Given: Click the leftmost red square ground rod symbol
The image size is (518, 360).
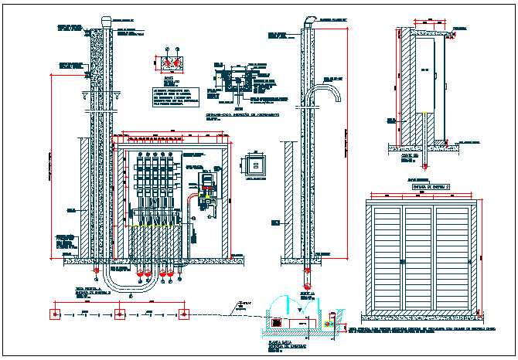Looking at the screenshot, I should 54,314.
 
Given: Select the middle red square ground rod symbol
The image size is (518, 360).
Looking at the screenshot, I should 119,314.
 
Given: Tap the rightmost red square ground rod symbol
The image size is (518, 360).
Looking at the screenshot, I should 184,314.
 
